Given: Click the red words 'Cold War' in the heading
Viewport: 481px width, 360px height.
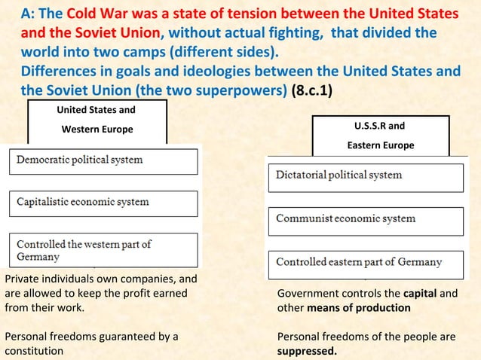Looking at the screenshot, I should (x=99, y=14).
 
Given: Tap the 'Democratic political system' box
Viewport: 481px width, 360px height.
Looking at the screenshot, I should (x=103, y=160).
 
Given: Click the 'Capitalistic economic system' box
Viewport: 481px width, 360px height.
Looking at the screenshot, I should (x=103, y=203).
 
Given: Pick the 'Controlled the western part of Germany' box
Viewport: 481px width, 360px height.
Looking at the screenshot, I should (x=103, y=250).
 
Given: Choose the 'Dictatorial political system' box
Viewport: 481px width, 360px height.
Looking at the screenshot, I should (x=366, y=176).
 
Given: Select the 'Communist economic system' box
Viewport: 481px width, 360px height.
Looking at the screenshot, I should (x=366, y=219).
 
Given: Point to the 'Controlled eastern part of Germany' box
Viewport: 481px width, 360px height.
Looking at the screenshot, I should (x=366, y=263).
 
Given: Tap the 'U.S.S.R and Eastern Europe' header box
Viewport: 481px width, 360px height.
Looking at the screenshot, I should (x=380, y=136).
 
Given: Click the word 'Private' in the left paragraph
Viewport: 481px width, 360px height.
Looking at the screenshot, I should (x=21, y=279).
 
